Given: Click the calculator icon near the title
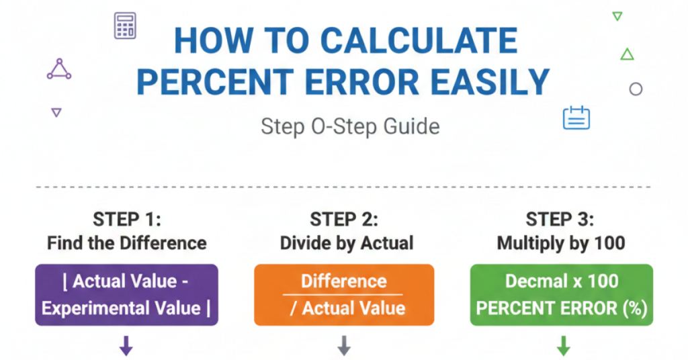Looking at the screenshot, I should (x=126, y=26).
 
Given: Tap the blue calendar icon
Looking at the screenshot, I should (x=576, y=118).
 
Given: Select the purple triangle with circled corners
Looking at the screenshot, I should (x=59, y=69).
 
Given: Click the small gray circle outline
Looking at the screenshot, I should (x=636, y=89).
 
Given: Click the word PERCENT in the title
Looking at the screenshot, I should (x=214, y=82).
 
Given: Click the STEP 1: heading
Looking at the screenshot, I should (x=126, y=220).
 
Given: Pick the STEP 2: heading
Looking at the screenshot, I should (x=344, y=220).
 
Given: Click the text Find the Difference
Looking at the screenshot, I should (x=126, y=242).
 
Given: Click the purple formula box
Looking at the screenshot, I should (x=126, y=295).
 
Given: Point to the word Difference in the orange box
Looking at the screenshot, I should (x=344, y=281).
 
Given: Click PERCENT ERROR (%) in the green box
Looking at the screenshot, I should (x=561, y=308).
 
